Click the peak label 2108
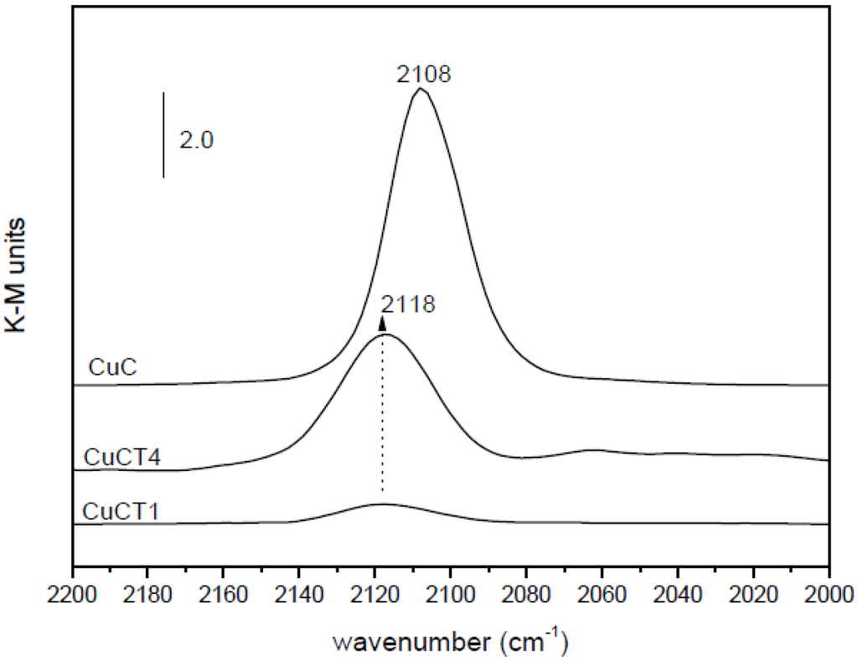[423, 75]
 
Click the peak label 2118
[408, 304]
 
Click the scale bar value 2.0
[197, 139]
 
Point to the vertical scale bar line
[163, 134]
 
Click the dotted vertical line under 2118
[383, 419]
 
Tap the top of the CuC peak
[421, 89]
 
